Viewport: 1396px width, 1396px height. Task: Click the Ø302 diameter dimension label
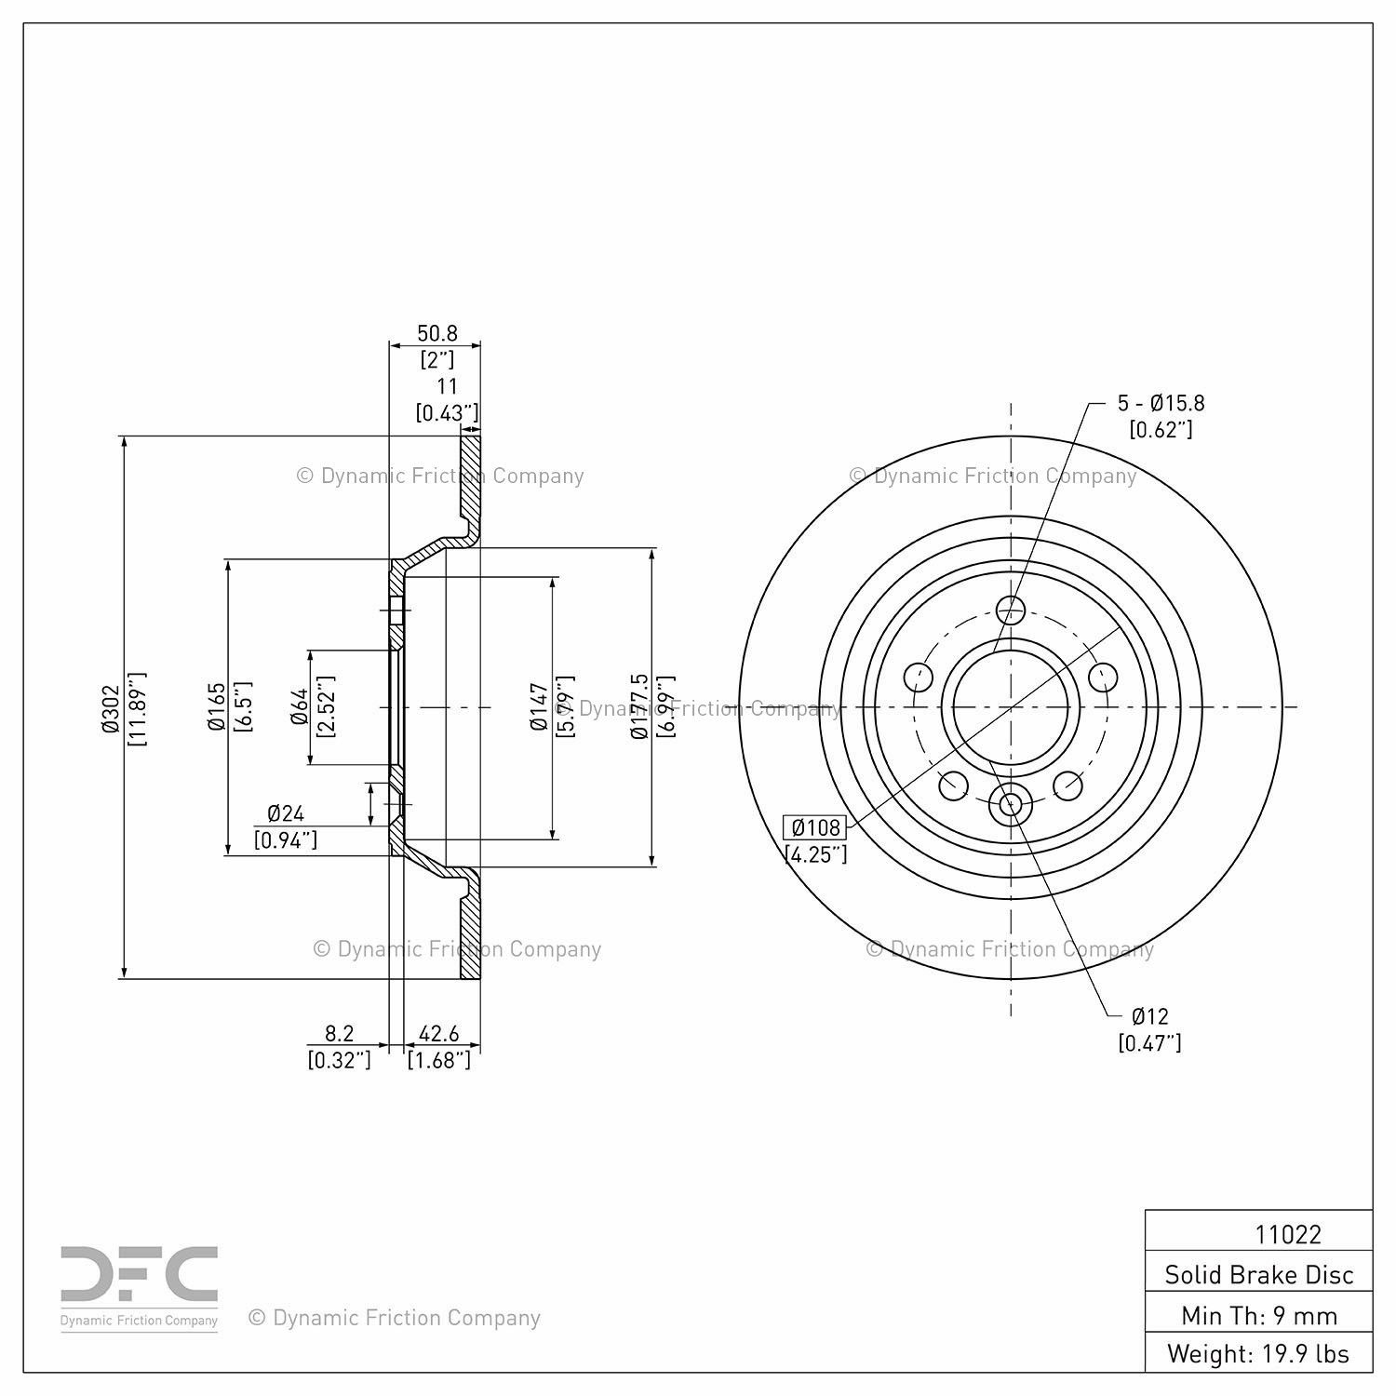(x=111, y=708)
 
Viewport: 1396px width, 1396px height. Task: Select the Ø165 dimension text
(x=217, y=706)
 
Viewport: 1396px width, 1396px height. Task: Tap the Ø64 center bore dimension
(x=300, y=706)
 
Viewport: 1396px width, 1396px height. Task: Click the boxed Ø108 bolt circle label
(x=815, y=827)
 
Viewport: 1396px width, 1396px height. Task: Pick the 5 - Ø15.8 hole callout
(x=1161, y=403)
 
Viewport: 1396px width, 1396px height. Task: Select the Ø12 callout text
(x=1149, y=1016)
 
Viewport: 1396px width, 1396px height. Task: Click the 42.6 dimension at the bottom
(x=439, y=1034)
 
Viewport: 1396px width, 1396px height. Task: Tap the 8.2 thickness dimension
(x=339, y=1034)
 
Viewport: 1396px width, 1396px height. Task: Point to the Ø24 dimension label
(x=286, y=813)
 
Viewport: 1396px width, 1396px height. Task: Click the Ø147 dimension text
(x=538, y=706)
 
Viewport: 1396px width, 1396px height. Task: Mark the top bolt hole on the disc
(x=1010, y=611)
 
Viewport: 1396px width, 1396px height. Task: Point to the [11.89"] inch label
(x=135, y=708)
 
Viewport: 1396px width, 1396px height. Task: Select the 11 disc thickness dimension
(x=447, y=387)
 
